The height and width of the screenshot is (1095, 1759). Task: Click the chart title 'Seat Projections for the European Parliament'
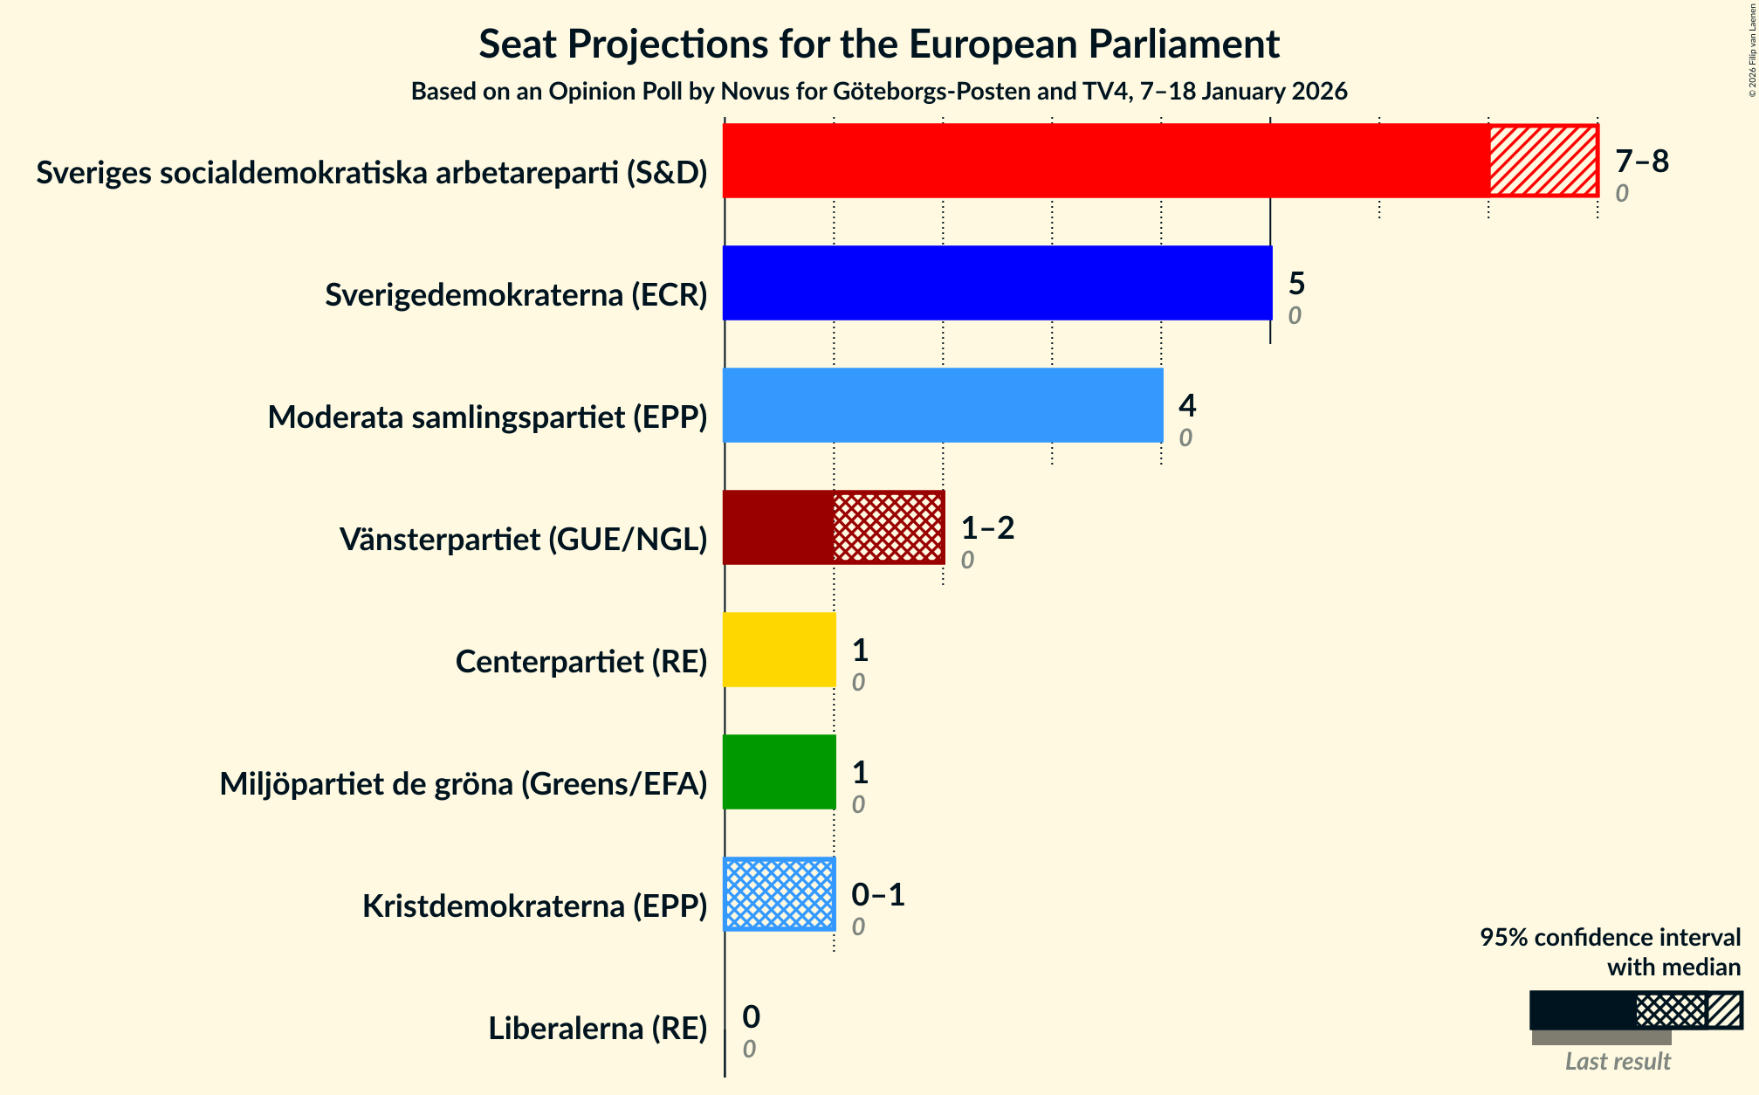click(879, 45)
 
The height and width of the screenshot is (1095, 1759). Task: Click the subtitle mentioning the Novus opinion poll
click(879, 92)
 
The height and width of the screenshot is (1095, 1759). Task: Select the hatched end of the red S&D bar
click(1543, 161)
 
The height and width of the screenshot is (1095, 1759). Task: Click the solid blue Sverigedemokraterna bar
click(997, 283)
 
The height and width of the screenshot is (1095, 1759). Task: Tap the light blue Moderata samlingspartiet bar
click(943, 405)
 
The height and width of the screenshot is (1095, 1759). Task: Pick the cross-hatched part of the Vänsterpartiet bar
click(888, 527)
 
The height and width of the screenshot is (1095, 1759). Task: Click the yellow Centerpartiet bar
click(780, 650)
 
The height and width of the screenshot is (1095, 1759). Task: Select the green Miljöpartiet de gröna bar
click(780, 772)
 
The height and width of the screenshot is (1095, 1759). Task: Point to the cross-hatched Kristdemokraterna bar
click(780, 894)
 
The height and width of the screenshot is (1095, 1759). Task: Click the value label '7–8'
click(1641, 162)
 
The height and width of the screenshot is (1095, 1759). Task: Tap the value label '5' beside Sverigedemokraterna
click(1296, 284)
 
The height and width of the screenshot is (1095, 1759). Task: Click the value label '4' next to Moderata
click(1187, 406)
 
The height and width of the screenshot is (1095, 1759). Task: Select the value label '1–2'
click(987, 528)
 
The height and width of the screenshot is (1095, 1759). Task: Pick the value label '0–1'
click(878, 895)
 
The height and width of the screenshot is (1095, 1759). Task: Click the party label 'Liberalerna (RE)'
click(598, 1029)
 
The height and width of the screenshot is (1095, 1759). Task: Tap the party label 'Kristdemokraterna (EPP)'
click(534, 906)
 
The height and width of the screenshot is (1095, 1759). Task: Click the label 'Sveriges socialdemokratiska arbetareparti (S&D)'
click(372, 173)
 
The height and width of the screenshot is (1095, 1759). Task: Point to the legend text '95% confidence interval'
click(1610, 938)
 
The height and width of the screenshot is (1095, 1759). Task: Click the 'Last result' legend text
click(1618, 1061)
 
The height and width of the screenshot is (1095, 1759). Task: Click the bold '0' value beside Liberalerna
click(751, 1017)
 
